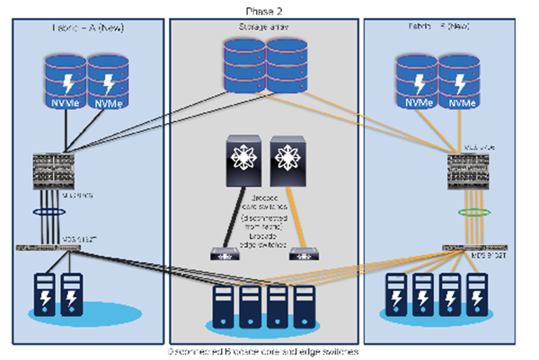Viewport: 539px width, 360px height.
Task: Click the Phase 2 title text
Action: point(266,8)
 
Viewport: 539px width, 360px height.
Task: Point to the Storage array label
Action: point(266,31)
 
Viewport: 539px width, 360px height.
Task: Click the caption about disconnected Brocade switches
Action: point(266,351)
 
